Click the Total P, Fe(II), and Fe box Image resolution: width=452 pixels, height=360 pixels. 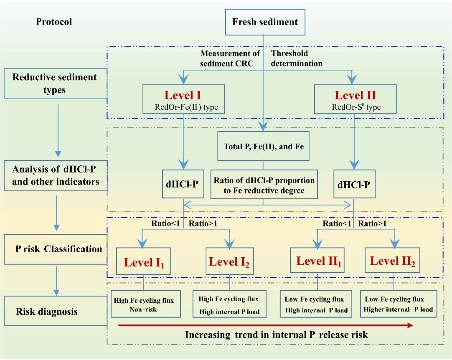point(263,146)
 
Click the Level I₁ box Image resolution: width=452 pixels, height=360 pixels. point(144,262)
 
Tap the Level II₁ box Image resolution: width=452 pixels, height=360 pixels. point(317,261)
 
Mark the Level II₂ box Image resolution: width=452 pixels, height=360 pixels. point(393,261)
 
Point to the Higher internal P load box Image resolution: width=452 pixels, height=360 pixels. point(399,304)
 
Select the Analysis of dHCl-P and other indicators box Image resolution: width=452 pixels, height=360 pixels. point(56,176)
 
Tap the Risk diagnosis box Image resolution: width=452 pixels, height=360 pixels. point(54,311)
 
